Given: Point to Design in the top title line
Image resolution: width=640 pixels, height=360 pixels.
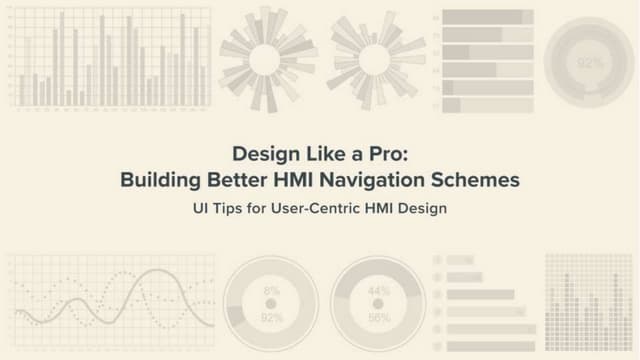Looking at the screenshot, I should point(261,155).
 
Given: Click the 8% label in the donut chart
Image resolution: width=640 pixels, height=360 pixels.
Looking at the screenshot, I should point(271,291).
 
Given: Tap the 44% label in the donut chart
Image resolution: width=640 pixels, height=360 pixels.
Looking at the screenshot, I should point(379,291).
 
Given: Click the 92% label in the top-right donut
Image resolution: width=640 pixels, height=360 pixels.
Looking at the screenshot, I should point(590,63).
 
